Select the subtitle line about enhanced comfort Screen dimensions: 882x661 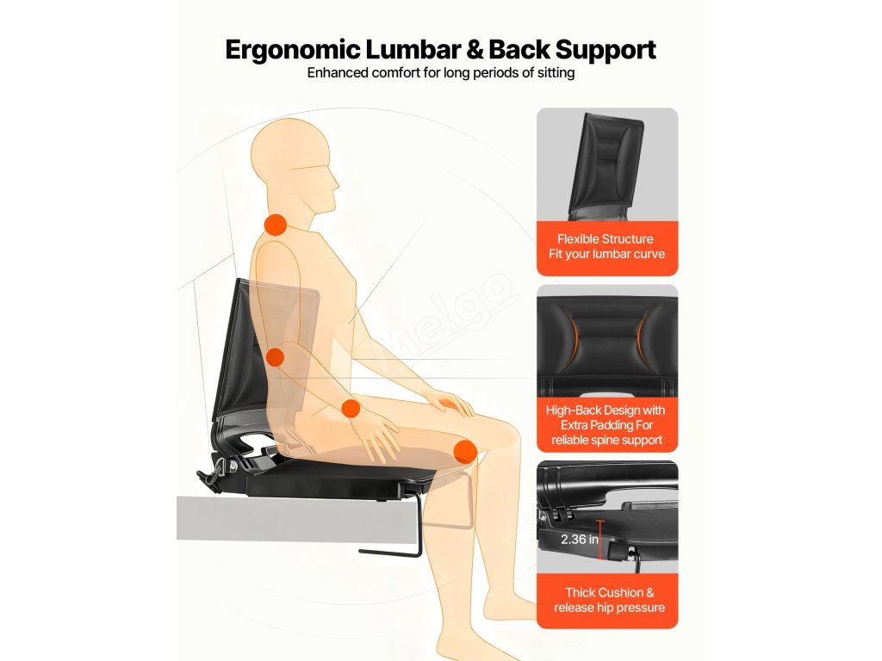(x=440, y=73)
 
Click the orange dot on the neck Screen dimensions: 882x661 (x=275, y=225)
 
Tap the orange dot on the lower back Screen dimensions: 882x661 (x=276, y=356)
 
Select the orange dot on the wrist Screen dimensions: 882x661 (x=351, y=408)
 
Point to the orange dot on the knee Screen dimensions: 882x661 (x=465, y=451)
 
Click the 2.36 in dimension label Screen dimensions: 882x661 (x=580, y=540)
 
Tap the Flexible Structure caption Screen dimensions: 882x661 (x=606, y=246)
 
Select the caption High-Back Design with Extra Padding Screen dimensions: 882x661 (x=606, y=425)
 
